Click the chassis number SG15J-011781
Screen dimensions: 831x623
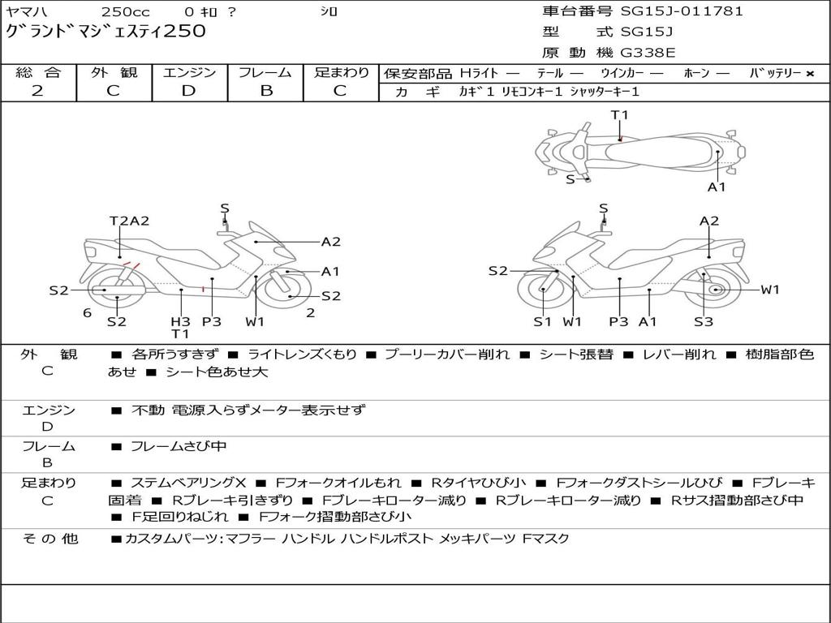(x=682, y=11)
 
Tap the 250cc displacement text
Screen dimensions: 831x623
(x=126, y=11)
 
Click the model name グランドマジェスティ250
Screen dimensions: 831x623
(x=105, y=32)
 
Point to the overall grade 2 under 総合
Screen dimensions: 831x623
(x=37, y=91)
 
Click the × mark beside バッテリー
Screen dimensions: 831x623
(x=810, y=74)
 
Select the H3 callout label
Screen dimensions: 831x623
(x=180, y=321)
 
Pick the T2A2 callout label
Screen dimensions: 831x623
(x=129, y=221)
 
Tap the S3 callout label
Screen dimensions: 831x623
(x=704, y=321)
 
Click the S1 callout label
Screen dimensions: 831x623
(x=542, y=321)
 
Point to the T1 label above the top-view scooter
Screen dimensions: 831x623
(x=619, y=115)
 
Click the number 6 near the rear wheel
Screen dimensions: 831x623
(x=88, y=313)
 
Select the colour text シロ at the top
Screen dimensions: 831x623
(x=329, y=11)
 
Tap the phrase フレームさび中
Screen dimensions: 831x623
(x=179, y=447)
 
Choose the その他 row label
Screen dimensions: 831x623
(x=50, y=539)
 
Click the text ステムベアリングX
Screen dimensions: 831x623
(x=188, y=483)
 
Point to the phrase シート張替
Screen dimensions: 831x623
(x=576, y=354)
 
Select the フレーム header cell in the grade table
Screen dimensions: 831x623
(x=265, y=72)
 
